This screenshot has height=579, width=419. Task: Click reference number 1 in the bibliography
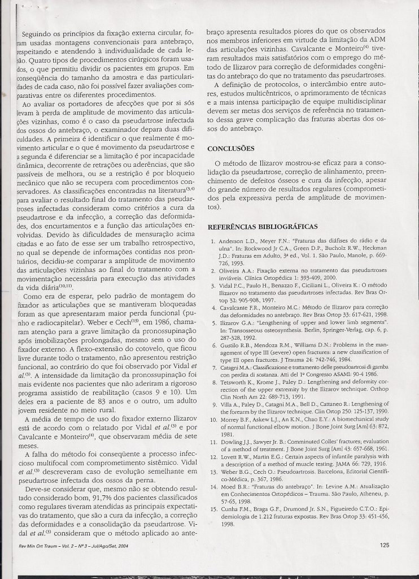point(212,242)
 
